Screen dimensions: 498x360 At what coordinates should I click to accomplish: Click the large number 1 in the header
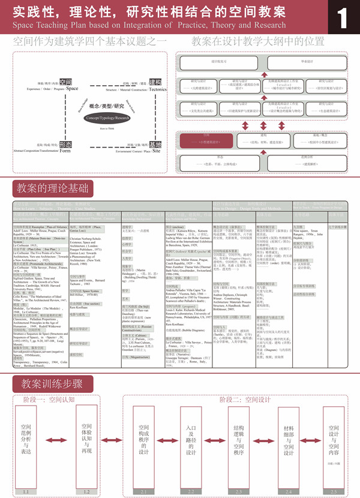pos(342,17)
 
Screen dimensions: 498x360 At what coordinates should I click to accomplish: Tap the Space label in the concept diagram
pos(72,88)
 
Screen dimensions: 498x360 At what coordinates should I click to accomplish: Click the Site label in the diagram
pos(156,152)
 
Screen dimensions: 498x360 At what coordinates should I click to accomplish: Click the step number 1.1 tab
pos(25,491)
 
